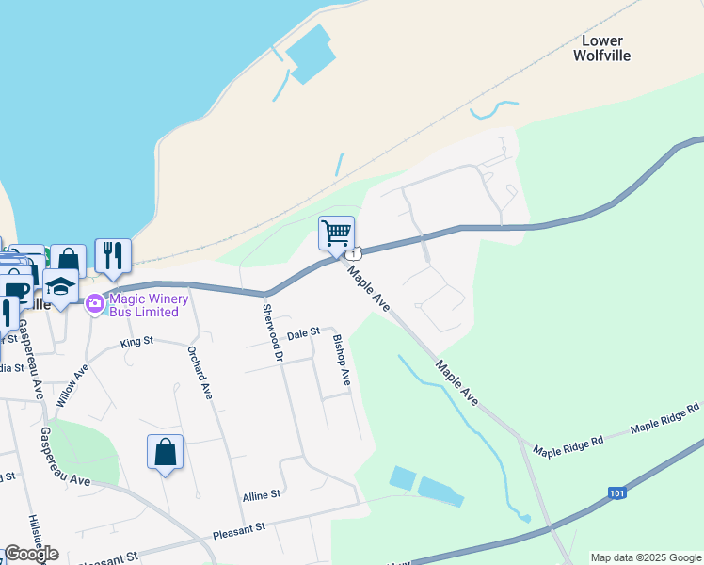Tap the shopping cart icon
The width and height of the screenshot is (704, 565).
point(336,232)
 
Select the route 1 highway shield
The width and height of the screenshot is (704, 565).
point(353,255)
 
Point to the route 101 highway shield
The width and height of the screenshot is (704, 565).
point(616,492)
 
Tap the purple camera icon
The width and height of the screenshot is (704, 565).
point(94,304)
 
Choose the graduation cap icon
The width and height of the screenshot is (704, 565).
point(60,285)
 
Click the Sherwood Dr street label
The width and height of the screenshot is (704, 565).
point(273,332)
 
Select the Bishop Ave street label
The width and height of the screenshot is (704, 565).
point(341,360)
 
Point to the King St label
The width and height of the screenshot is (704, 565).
point(136,342)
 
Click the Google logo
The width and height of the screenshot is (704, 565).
point(31,554)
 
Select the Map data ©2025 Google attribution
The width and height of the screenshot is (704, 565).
point(645,557)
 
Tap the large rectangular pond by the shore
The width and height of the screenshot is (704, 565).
point(311,54)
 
